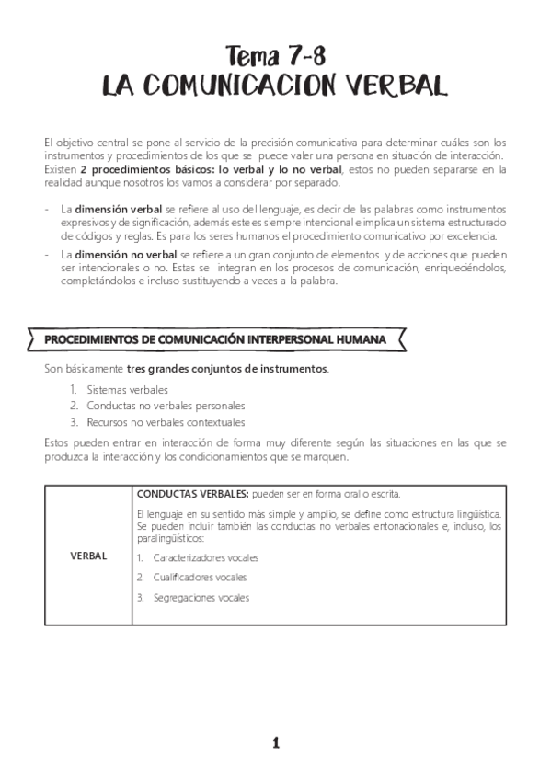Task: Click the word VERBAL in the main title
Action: point(397,86)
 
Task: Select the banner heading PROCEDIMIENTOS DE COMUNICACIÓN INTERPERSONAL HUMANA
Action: point(215,339)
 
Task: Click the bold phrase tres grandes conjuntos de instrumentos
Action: point(227,369)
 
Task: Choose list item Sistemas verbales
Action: point(128,389)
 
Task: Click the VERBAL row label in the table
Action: point(88,556)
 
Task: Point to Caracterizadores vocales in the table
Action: point(206,557)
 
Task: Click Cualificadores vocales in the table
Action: point(200,578)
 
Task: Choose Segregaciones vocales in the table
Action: point(201,598)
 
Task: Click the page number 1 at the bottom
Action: point(275,743)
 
